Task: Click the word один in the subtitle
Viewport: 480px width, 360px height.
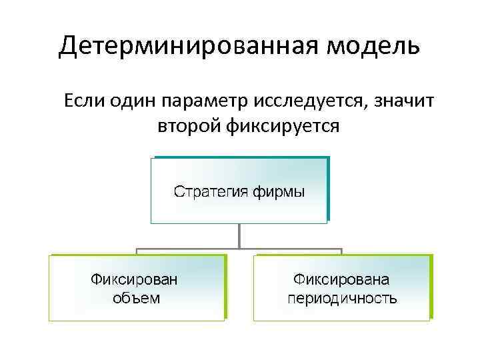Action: click(135, 101)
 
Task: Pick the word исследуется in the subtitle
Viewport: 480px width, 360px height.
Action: click(309, 103)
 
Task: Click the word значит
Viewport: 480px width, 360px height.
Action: click(403, 101)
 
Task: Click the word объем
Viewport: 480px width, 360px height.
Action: click(136, 297)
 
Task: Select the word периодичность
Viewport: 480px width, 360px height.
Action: click(342, 297)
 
